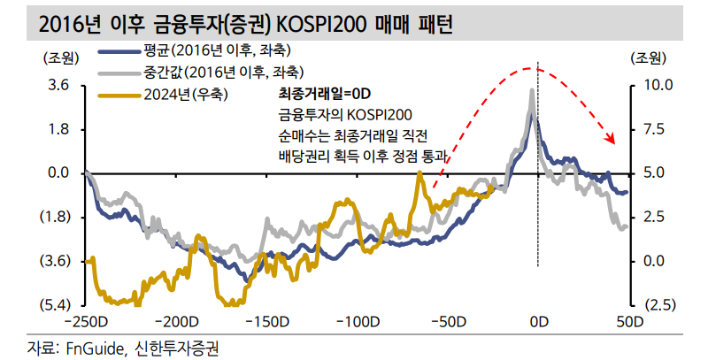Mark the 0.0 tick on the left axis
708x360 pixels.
coord(58,173)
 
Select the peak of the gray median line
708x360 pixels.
coord(531,90)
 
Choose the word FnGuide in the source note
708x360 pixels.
coord(91,346)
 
